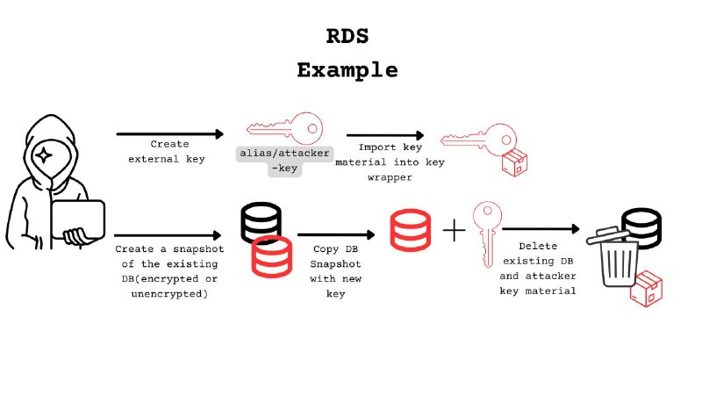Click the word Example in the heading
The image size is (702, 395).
[347, 70]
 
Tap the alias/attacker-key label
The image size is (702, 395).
[273, 160]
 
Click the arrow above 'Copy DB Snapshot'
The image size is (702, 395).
[333, 235]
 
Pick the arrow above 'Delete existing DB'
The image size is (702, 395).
[541, 229]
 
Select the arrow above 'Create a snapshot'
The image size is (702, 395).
[168, 235]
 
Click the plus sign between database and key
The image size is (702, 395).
[454, 232]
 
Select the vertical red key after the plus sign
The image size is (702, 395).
[485, 232]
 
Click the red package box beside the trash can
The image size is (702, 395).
[648, 289]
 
